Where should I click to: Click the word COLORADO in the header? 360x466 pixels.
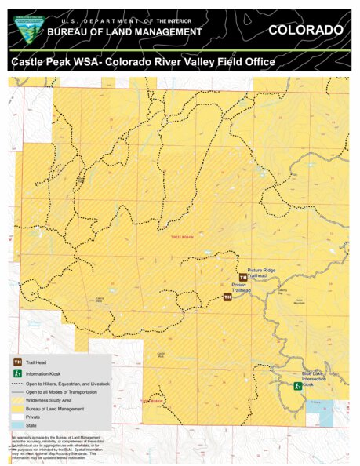point(305,30)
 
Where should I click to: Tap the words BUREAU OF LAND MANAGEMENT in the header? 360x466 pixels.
point(125,31)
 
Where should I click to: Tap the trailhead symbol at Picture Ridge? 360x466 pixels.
point(242,278)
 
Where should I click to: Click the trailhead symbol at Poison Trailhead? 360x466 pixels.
point(227,297)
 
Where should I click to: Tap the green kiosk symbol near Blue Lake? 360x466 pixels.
point(297,386)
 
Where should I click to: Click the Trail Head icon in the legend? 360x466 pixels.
point(17,362)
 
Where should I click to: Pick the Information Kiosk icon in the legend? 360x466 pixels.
point(17,374)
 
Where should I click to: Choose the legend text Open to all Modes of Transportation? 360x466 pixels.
point(67,391)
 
